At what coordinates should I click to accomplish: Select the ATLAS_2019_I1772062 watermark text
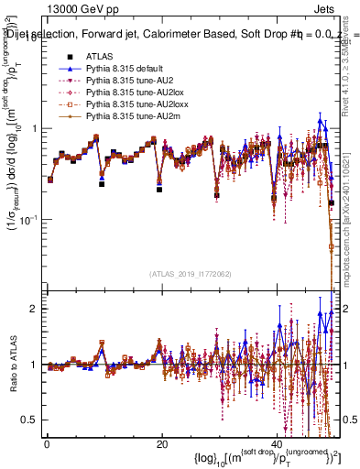click(x=191, y=273)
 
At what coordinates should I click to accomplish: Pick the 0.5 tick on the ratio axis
click(x=31, y=420)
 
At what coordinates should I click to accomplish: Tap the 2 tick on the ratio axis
click(x=35, y=309)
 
